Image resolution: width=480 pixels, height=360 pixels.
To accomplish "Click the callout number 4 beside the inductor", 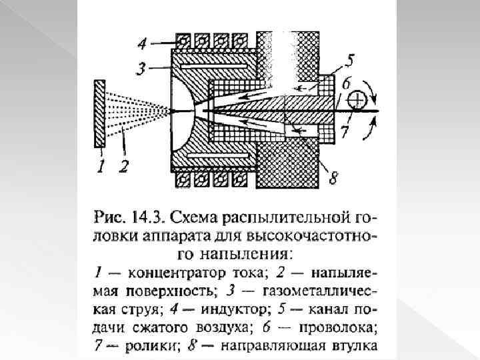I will pyautogui.click(x=141, y=45).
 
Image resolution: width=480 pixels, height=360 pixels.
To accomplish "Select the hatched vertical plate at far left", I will pyautogui.click(x=100, y=113).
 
